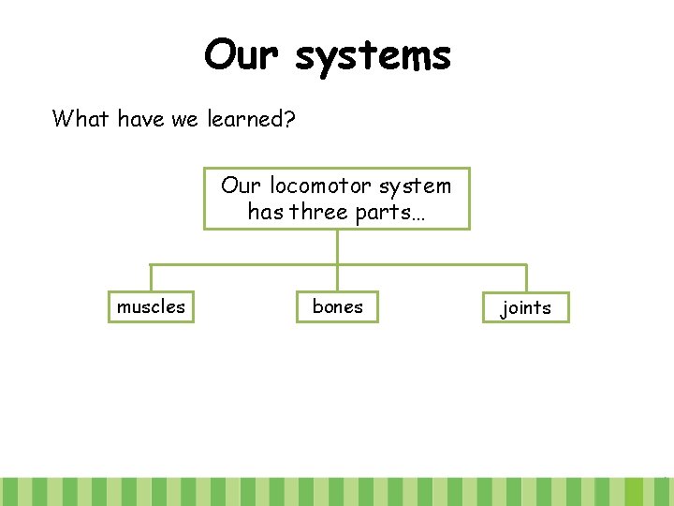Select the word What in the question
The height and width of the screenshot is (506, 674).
click(81, 119)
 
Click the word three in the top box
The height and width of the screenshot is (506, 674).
click(319, 212)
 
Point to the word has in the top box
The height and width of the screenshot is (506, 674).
click(266, 212)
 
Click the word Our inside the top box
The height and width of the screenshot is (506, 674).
click(242, 186)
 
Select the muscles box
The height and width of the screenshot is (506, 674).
click(151, 306)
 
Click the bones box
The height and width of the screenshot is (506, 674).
click(338, 306)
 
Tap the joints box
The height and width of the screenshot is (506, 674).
click(526, 307)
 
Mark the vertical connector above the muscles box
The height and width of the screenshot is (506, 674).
click(151, 277)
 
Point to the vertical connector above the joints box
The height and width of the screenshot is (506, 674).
click(526, 277)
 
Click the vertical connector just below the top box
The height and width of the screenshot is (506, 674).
click(337, 246)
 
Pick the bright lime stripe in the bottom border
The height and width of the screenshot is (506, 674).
click(634, 492)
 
